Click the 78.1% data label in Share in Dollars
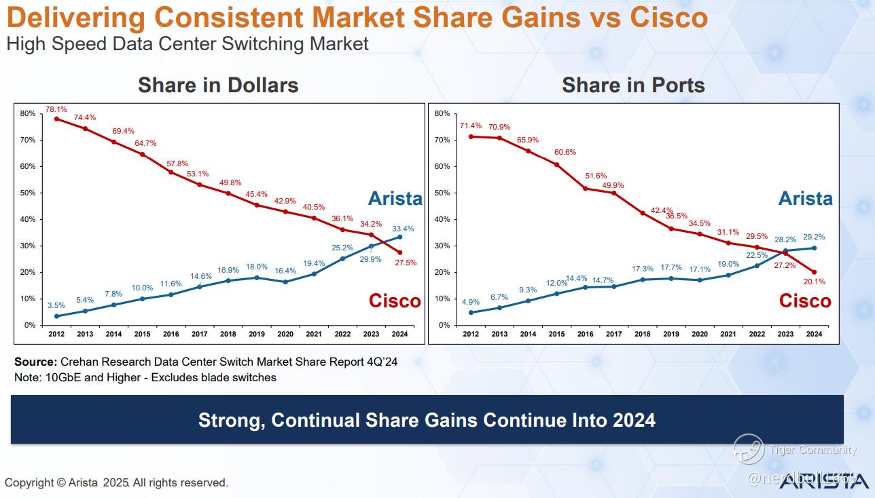tap(56, 109)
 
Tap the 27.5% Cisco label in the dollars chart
tap(405, 263)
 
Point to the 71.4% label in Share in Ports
tap(470, 126)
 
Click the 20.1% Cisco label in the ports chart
tap(814, 282)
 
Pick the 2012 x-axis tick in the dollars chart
tap(56, 334)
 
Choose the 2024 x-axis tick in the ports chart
tap(813, 334)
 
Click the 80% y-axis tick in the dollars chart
tap(28, 113)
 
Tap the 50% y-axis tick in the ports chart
tap(442, 193)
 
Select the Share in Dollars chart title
tap(218, 85)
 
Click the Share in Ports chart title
tap(633, 85)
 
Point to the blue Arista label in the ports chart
tap(805, 198)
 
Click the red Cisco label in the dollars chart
tap(395, 301)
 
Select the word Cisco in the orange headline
tap(668, 18)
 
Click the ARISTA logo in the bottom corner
tap(823, 481)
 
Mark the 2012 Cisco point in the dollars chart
tap(56, 119)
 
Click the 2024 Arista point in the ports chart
tap(814, 248)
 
